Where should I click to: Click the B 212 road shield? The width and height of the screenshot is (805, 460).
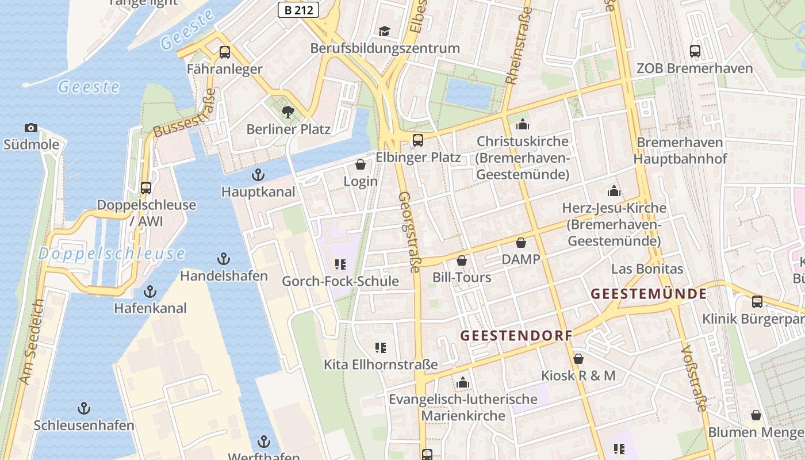click(x=298, y=9)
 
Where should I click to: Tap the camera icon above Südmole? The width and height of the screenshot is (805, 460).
click(x=31, y=128)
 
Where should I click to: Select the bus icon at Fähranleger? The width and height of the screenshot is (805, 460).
click(x=225, y=52)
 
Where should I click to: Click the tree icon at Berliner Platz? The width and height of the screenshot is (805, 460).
click(x=287, y=112)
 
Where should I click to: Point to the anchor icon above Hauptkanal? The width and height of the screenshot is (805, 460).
click(x=259, y=175)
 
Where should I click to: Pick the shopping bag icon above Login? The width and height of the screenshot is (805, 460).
click(x=361, y=164)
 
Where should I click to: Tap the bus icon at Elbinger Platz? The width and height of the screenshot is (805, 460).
click(x=418, y=140)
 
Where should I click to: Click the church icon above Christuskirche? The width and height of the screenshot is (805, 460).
click(x=522, y=124)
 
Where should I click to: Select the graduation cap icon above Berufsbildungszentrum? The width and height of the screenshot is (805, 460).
click(x=384, y=31)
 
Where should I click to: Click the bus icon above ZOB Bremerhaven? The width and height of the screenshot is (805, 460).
click(x=695, y=51)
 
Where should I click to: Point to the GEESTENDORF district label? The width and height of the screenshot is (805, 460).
click(x=516, y=335)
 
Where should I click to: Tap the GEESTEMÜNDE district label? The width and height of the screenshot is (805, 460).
click(x=649, y=294)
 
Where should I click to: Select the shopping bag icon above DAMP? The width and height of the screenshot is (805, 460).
click(x=521, y=243)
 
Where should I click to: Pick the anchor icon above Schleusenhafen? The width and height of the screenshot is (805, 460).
click(x=84, y=408)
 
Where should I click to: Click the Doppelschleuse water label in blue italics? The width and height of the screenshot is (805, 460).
click(x=112, y=254)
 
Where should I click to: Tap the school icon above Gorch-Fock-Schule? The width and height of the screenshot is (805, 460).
click(x=340, y=264)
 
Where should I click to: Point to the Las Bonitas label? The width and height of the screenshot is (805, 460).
click(x=647, y=269)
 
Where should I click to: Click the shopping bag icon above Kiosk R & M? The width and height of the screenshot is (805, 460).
click(x=578, y=359)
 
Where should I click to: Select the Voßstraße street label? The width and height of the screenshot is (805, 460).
click(x=693, y=378)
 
